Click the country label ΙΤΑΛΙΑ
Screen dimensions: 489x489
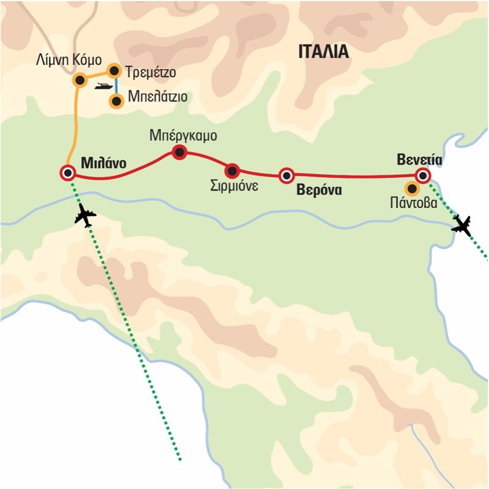(323, 52)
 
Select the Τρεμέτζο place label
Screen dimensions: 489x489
(151, 72)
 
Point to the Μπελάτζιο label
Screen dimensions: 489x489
(157, 98)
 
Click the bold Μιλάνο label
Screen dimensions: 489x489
(103, 164)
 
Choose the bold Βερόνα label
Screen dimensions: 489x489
(318, 190)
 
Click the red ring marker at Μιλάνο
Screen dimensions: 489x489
(68, 173)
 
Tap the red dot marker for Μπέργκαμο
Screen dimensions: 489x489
(179, 152)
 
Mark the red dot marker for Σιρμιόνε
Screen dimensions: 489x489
(232, 171)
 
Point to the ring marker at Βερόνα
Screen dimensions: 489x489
(285, 176)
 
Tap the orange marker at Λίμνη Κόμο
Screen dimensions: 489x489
(79, 80)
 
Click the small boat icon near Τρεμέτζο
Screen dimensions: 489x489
(103, 87)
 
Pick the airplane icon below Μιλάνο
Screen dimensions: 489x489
(86, 215)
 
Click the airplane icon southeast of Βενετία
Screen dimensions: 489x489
(462, 226)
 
